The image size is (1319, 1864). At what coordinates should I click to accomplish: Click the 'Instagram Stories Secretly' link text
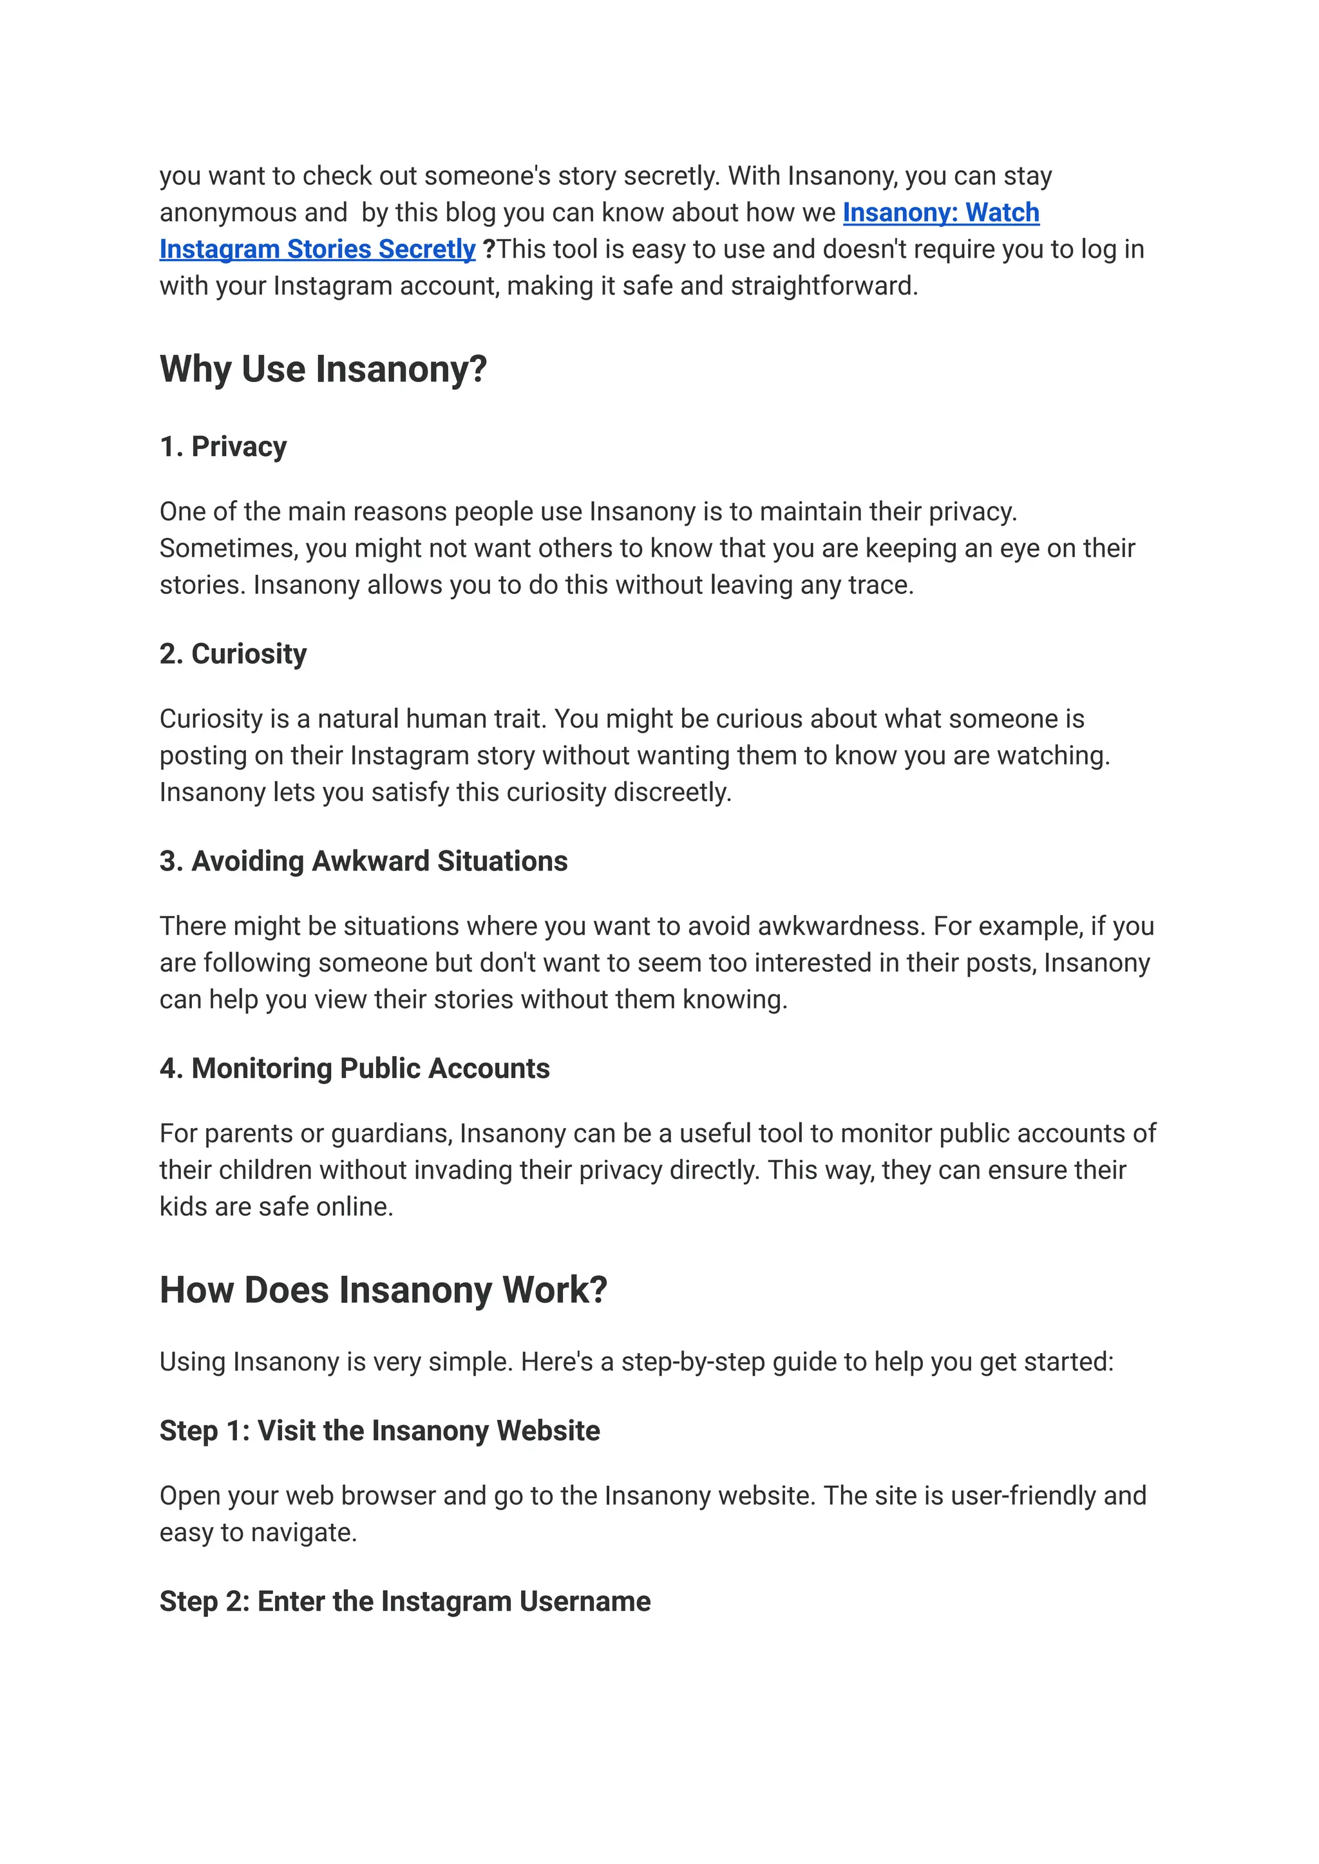317,249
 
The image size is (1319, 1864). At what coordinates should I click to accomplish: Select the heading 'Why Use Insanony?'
323,369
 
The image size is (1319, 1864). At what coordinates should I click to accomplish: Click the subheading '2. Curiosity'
233,653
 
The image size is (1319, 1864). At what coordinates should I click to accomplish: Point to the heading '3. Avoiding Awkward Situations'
363,861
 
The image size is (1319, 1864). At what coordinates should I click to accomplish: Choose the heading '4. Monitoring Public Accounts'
354,1068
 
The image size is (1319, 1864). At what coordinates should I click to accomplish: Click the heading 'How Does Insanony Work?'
383,1291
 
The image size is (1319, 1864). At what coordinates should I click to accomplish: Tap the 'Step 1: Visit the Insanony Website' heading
379,1430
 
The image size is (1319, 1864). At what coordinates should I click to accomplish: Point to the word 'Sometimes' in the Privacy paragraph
228,548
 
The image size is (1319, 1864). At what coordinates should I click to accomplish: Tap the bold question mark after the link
489,249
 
